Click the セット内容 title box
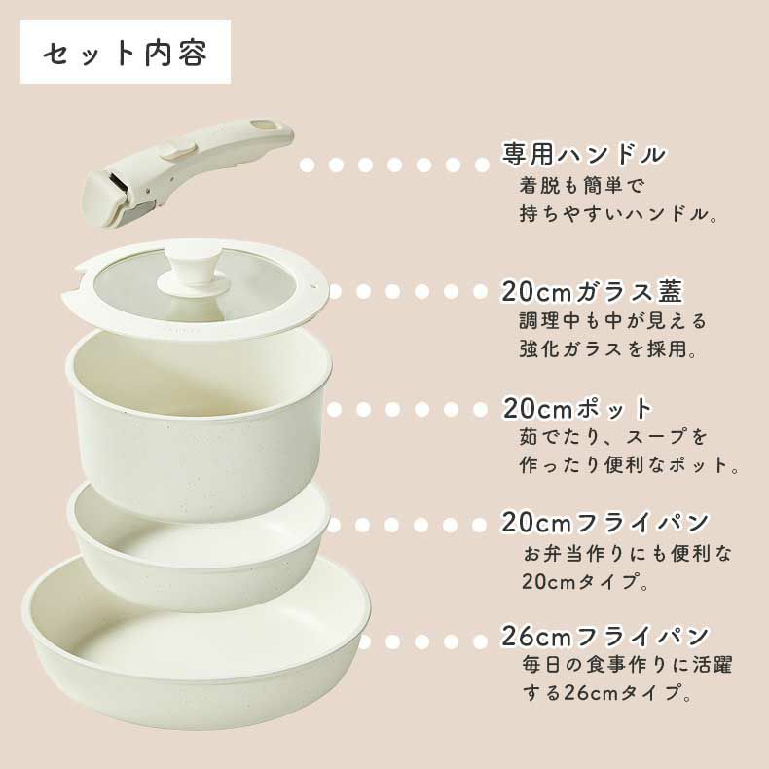tap(126, 53)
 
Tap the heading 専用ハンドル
tap(584, 154)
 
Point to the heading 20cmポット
tap(578, 407)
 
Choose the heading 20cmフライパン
tap(605, 523)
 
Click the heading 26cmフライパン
tap(605, 638)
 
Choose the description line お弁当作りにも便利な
tap(627, 554)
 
